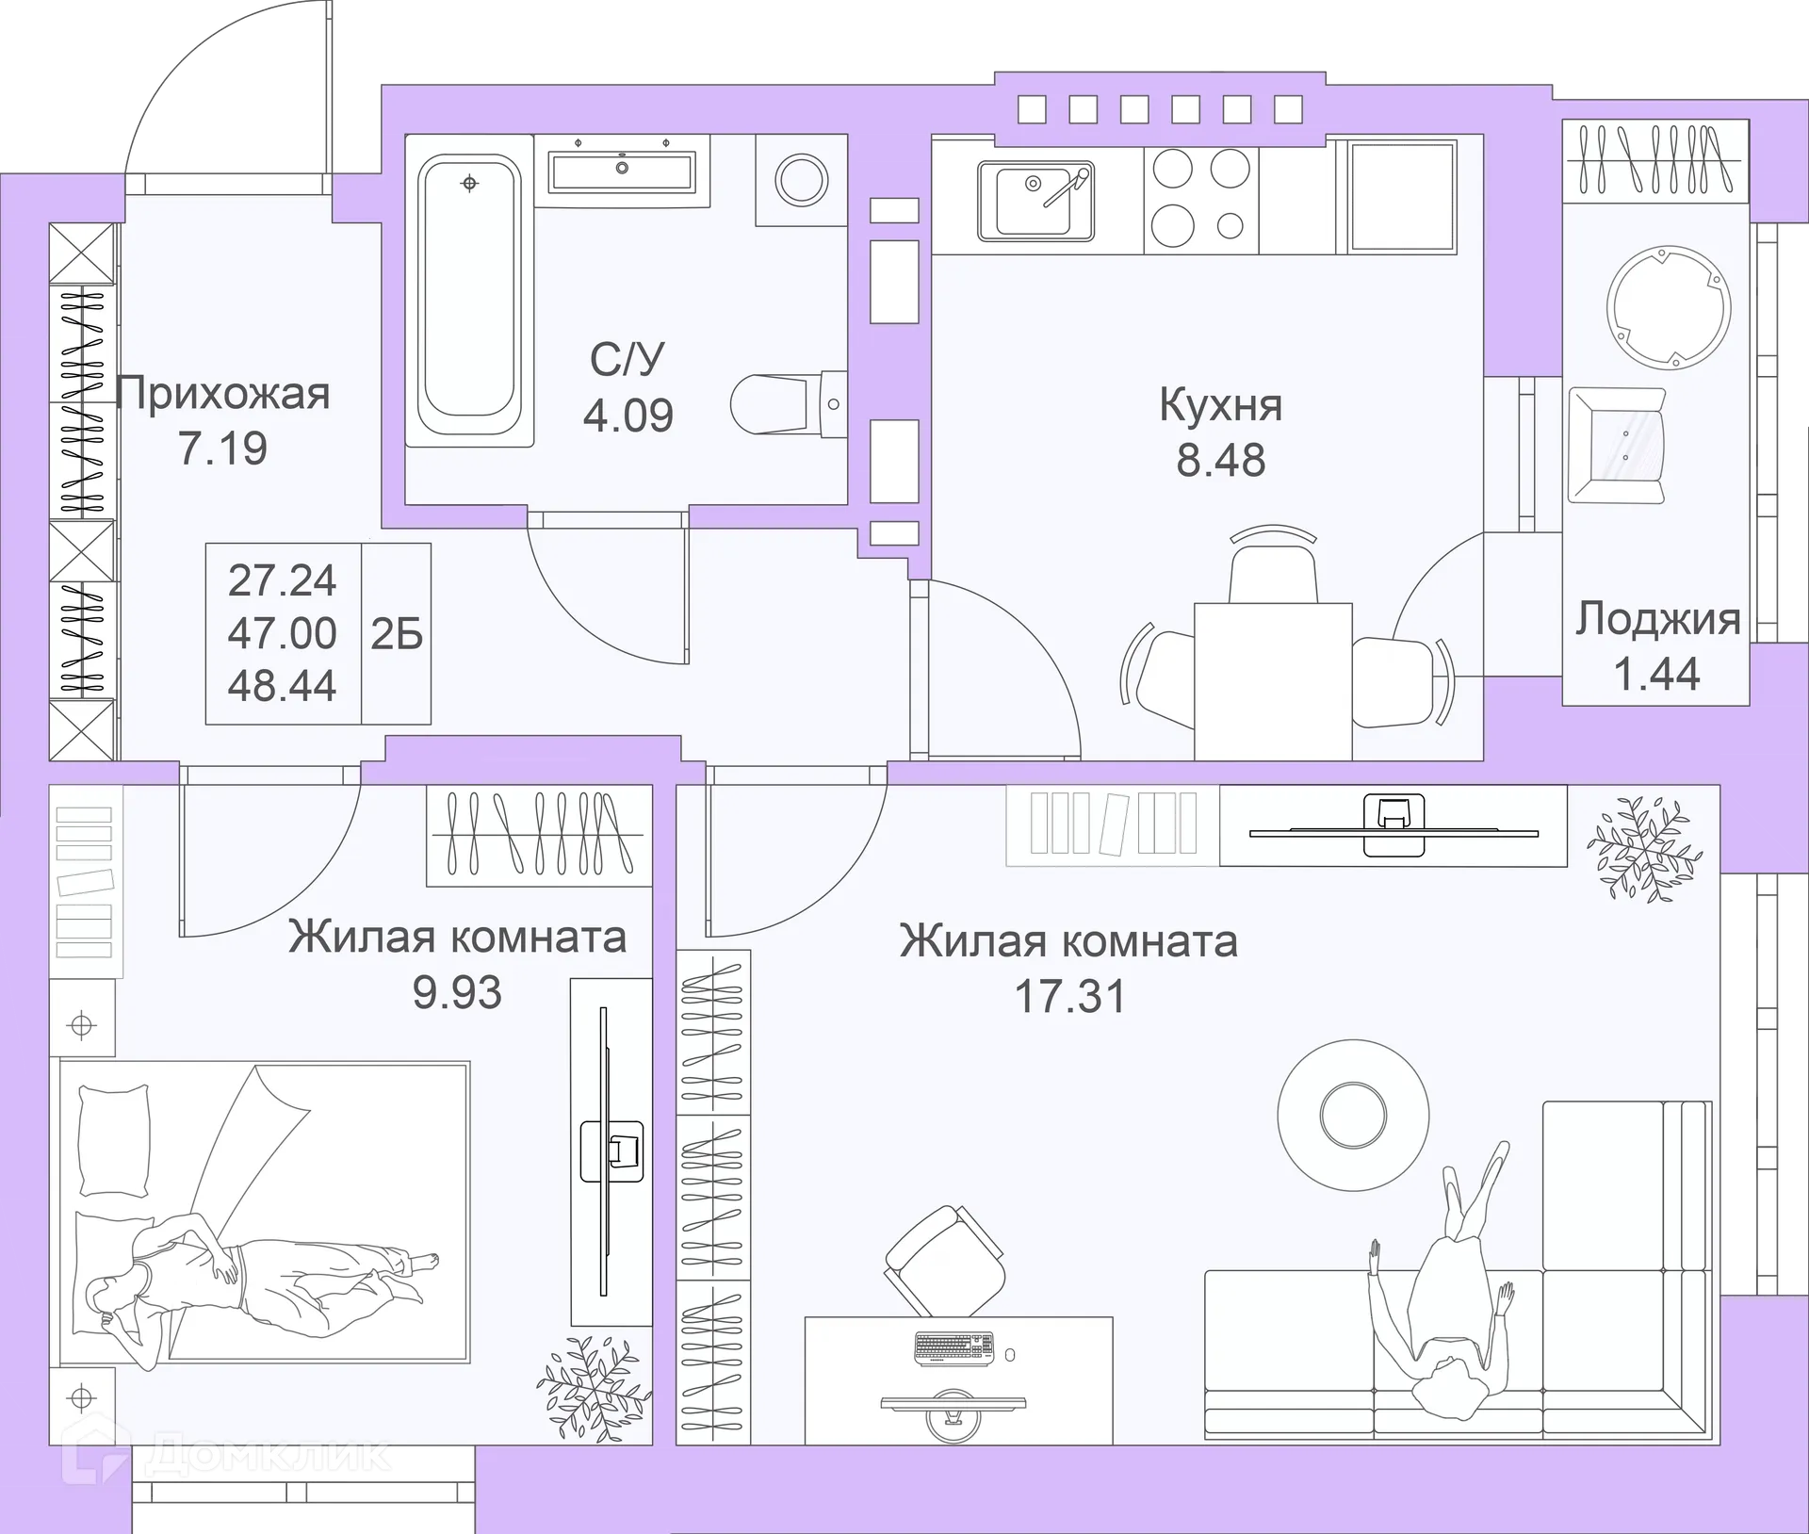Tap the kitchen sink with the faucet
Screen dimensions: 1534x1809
[1035, 200]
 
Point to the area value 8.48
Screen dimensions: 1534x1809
[1220, 461]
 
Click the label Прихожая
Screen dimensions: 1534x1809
[223, 394]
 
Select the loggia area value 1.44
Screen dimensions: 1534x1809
[1656, 674]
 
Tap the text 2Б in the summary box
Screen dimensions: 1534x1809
[397, 635]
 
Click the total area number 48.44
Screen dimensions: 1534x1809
[282, 686]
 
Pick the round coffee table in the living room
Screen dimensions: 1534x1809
[1353, 1114]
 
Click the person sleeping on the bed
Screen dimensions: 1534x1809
[245, 1267]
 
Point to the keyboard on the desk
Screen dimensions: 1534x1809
[953, 1348]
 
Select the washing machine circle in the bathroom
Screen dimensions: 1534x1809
[802, 179]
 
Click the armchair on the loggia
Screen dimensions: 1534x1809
[1616, 446]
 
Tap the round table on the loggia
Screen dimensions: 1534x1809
[1669, 306]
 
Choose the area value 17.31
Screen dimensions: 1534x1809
[1069, 997]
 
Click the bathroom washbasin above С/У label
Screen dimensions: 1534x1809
[622, 171]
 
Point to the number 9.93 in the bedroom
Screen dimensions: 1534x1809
[457, 992]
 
